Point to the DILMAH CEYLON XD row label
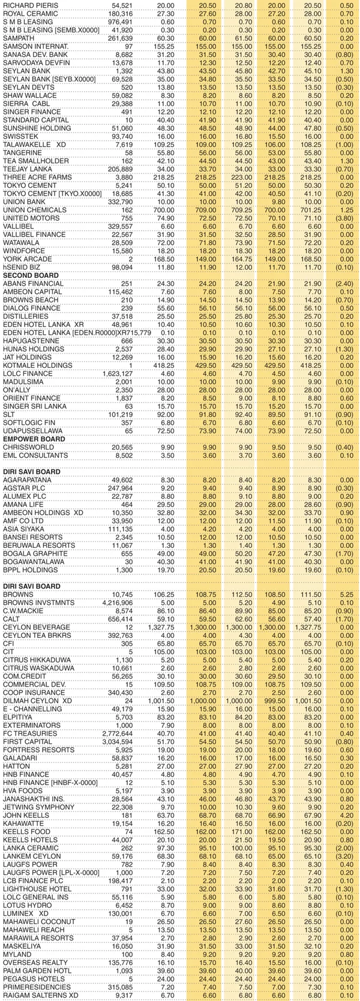[x=37, y=700]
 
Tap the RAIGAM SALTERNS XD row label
[x=41, y=994]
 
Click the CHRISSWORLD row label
[x=25, y=448]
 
